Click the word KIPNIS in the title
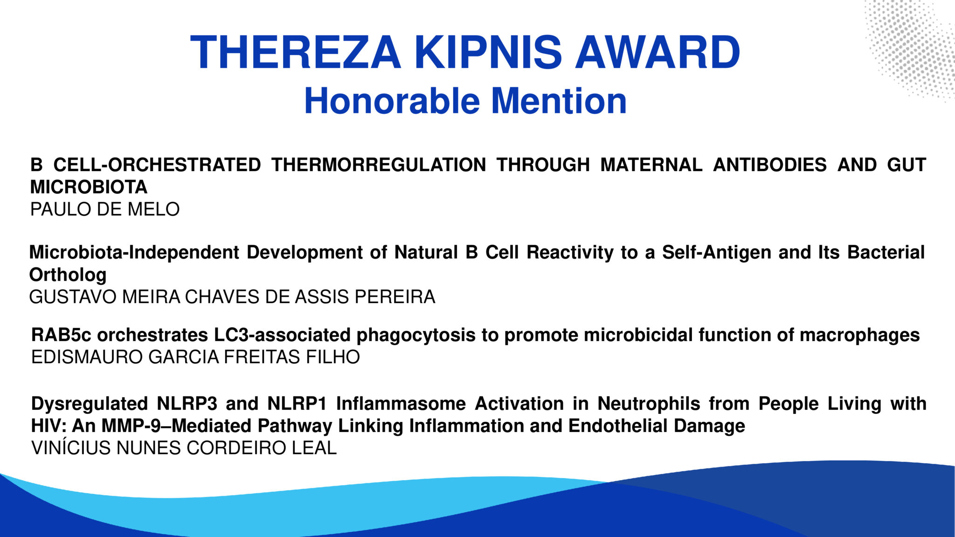[488, 53]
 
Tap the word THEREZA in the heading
[295, 53]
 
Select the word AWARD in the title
[658, 53]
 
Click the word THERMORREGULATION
[379, 165]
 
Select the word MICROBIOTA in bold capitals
[89, 187]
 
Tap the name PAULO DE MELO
[105, 209]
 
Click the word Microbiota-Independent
[134, 253]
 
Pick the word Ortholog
[68, 275]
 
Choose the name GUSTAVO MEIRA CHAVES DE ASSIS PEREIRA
[232, 297]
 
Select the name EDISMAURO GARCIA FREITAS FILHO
[195, 357]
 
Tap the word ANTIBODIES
[770, 165]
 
